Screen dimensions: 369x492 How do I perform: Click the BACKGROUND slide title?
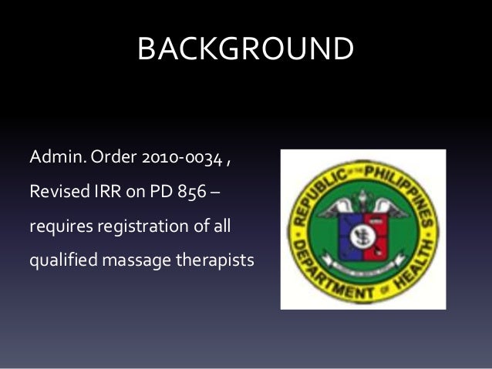click(x=245, y=51)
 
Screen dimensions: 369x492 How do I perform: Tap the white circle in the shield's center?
click(x=364, y=230)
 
